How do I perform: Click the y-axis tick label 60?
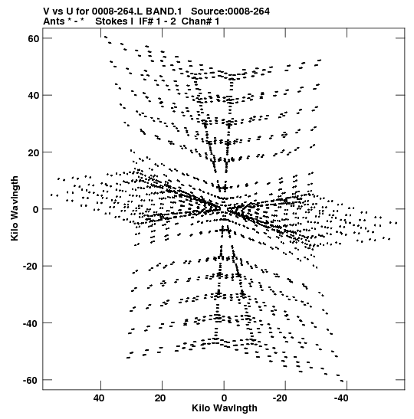point(33,38)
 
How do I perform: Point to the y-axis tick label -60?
point(31,380)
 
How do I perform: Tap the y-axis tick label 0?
point(36,209)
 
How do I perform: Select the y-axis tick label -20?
point(31,266)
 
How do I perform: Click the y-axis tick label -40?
point(31,323)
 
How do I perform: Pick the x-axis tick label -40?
point(341,398)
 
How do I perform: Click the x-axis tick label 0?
point(224,398)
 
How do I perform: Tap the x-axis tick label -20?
point(280,398)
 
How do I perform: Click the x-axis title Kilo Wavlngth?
point(225,408)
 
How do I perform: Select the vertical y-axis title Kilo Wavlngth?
point(15,208)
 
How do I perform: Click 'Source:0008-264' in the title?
point(230,11)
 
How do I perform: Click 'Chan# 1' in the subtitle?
point(201,21)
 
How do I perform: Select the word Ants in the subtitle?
point(54,21)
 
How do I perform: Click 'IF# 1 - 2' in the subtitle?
point(157,21)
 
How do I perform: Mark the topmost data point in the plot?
point(106,37)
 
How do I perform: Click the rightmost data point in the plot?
point(396,223)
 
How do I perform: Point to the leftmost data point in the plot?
point(51,195)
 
